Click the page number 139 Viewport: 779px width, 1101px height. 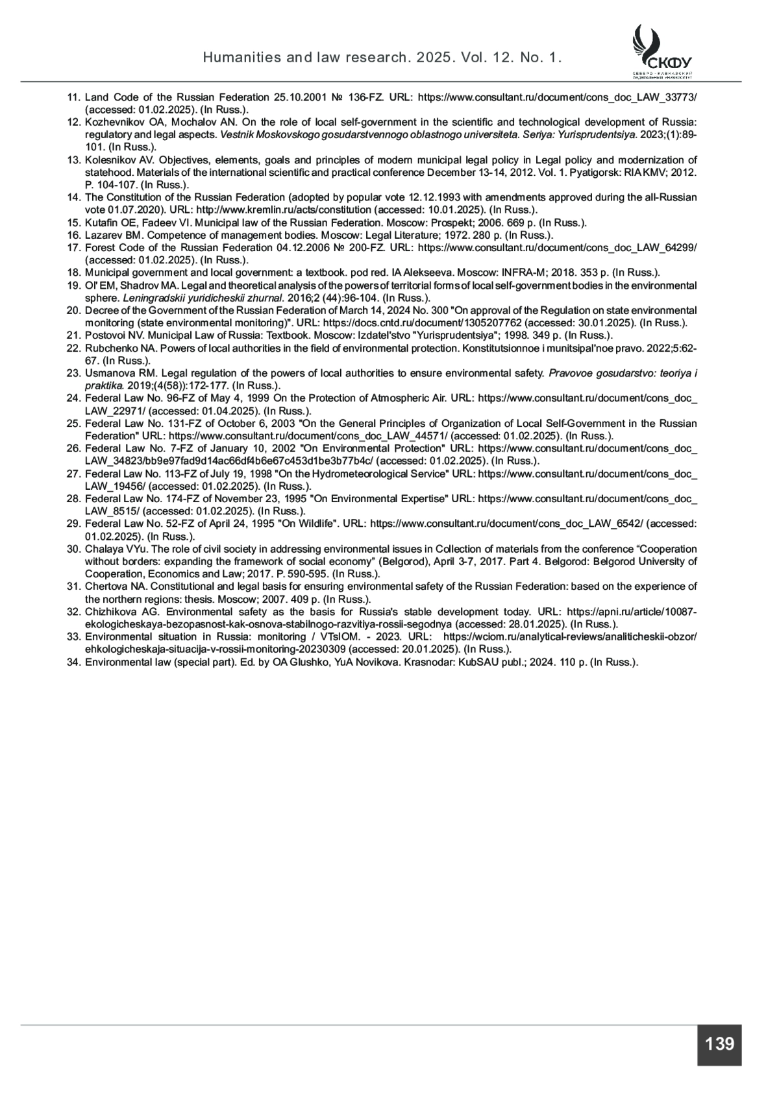(719, 1044)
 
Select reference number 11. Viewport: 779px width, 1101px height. (73, 97)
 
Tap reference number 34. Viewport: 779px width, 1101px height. (73, 662)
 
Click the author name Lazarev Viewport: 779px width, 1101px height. (103, 236)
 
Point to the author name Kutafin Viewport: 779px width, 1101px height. (102, 223)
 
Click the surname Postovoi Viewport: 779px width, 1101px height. (105, 335)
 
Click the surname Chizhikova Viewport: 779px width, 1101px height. (110, 612)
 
